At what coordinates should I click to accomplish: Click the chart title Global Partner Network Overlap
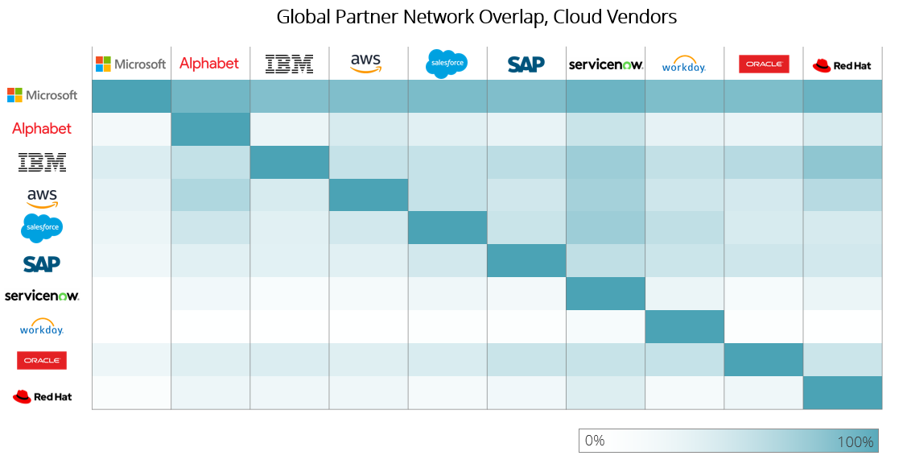click(x=476, y=17)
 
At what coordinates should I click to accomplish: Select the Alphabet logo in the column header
click(x=209, y=64)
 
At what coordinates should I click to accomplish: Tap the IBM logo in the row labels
click(x=42, y=162)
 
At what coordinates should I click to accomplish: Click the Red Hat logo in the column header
click(x=842, y=65)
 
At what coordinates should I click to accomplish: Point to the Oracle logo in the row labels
click(x=42, y=360)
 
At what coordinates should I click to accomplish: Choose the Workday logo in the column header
click(x=683, y=64)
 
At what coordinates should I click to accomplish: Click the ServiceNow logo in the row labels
click(x=42, y=296)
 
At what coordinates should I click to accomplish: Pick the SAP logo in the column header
click(x=526, y=64)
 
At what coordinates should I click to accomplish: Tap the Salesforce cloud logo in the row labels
click(x=42, y=228)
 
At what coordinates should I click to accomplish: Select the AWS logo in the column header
click(x=367, y=63)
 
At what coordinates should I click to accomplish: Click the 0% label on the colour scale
click(x=595, y=441)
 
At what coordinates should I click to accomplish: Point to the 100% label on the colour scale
click(x=855, y=441)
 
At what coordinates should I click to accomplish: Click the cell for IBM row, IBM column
click(x=289, y=162)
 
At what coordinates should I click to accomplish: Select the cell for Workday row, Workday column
click(x=683, y=327)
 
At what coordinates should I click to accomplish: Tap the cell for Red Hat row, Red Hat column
click(x=843, y=393)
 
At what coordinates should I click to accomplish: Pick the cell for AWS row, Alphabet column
click(x=210, y=195)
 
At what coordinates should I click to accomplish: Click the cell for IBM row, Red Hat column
click(x=843, y=162)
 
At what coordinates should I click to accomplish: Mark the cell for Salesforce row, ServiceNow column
click(x=604, y=228)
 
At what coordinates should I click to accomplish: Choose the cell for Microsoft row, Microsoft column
click(x=131, y=96)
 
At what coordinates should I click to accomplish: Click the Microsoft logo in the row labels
click(x=42, y=95)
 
